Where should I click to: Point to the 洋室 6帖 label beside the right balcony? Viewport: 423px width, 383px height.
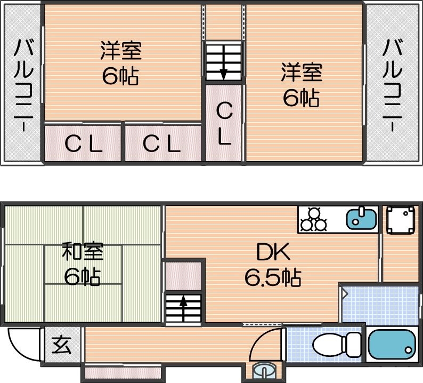[302, 84]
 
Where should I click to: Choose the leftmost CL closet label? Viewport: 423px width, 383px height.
[84, 143]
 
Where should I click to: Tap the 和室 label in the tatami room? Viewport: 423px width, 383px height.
[82, 251]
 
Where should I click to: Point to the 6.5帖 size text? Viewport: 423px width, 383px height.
[273, 276]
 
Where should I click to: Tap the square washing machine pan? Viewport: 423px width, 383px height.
[401, 220]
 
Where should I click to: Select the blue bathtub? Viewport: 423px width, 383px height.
[391, 346]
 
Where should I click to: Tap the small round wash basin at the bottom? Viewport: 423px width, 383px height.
[264, 370]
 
